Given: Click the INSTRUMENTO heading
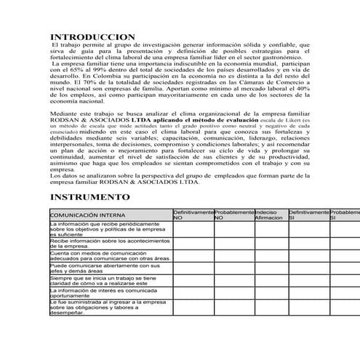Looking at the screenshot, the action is [89, 197].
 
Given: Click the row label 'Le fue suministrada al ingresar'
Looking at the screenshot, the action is [109, 306].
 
